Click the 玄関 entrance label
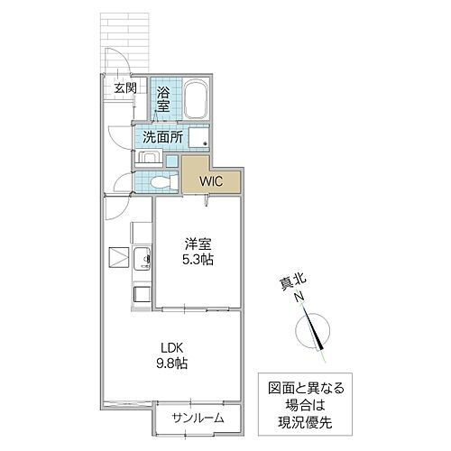tap(124, 87)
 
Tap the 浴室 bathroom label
tap(164, 99)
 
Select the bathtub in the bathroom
tap(197, 99)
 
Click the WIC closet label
tap(211, 180)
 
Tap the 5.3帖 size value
tap(198, 260)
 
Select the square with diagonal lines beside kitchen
tap(118, 257)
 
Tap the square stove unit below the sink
tap(142, 293)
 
